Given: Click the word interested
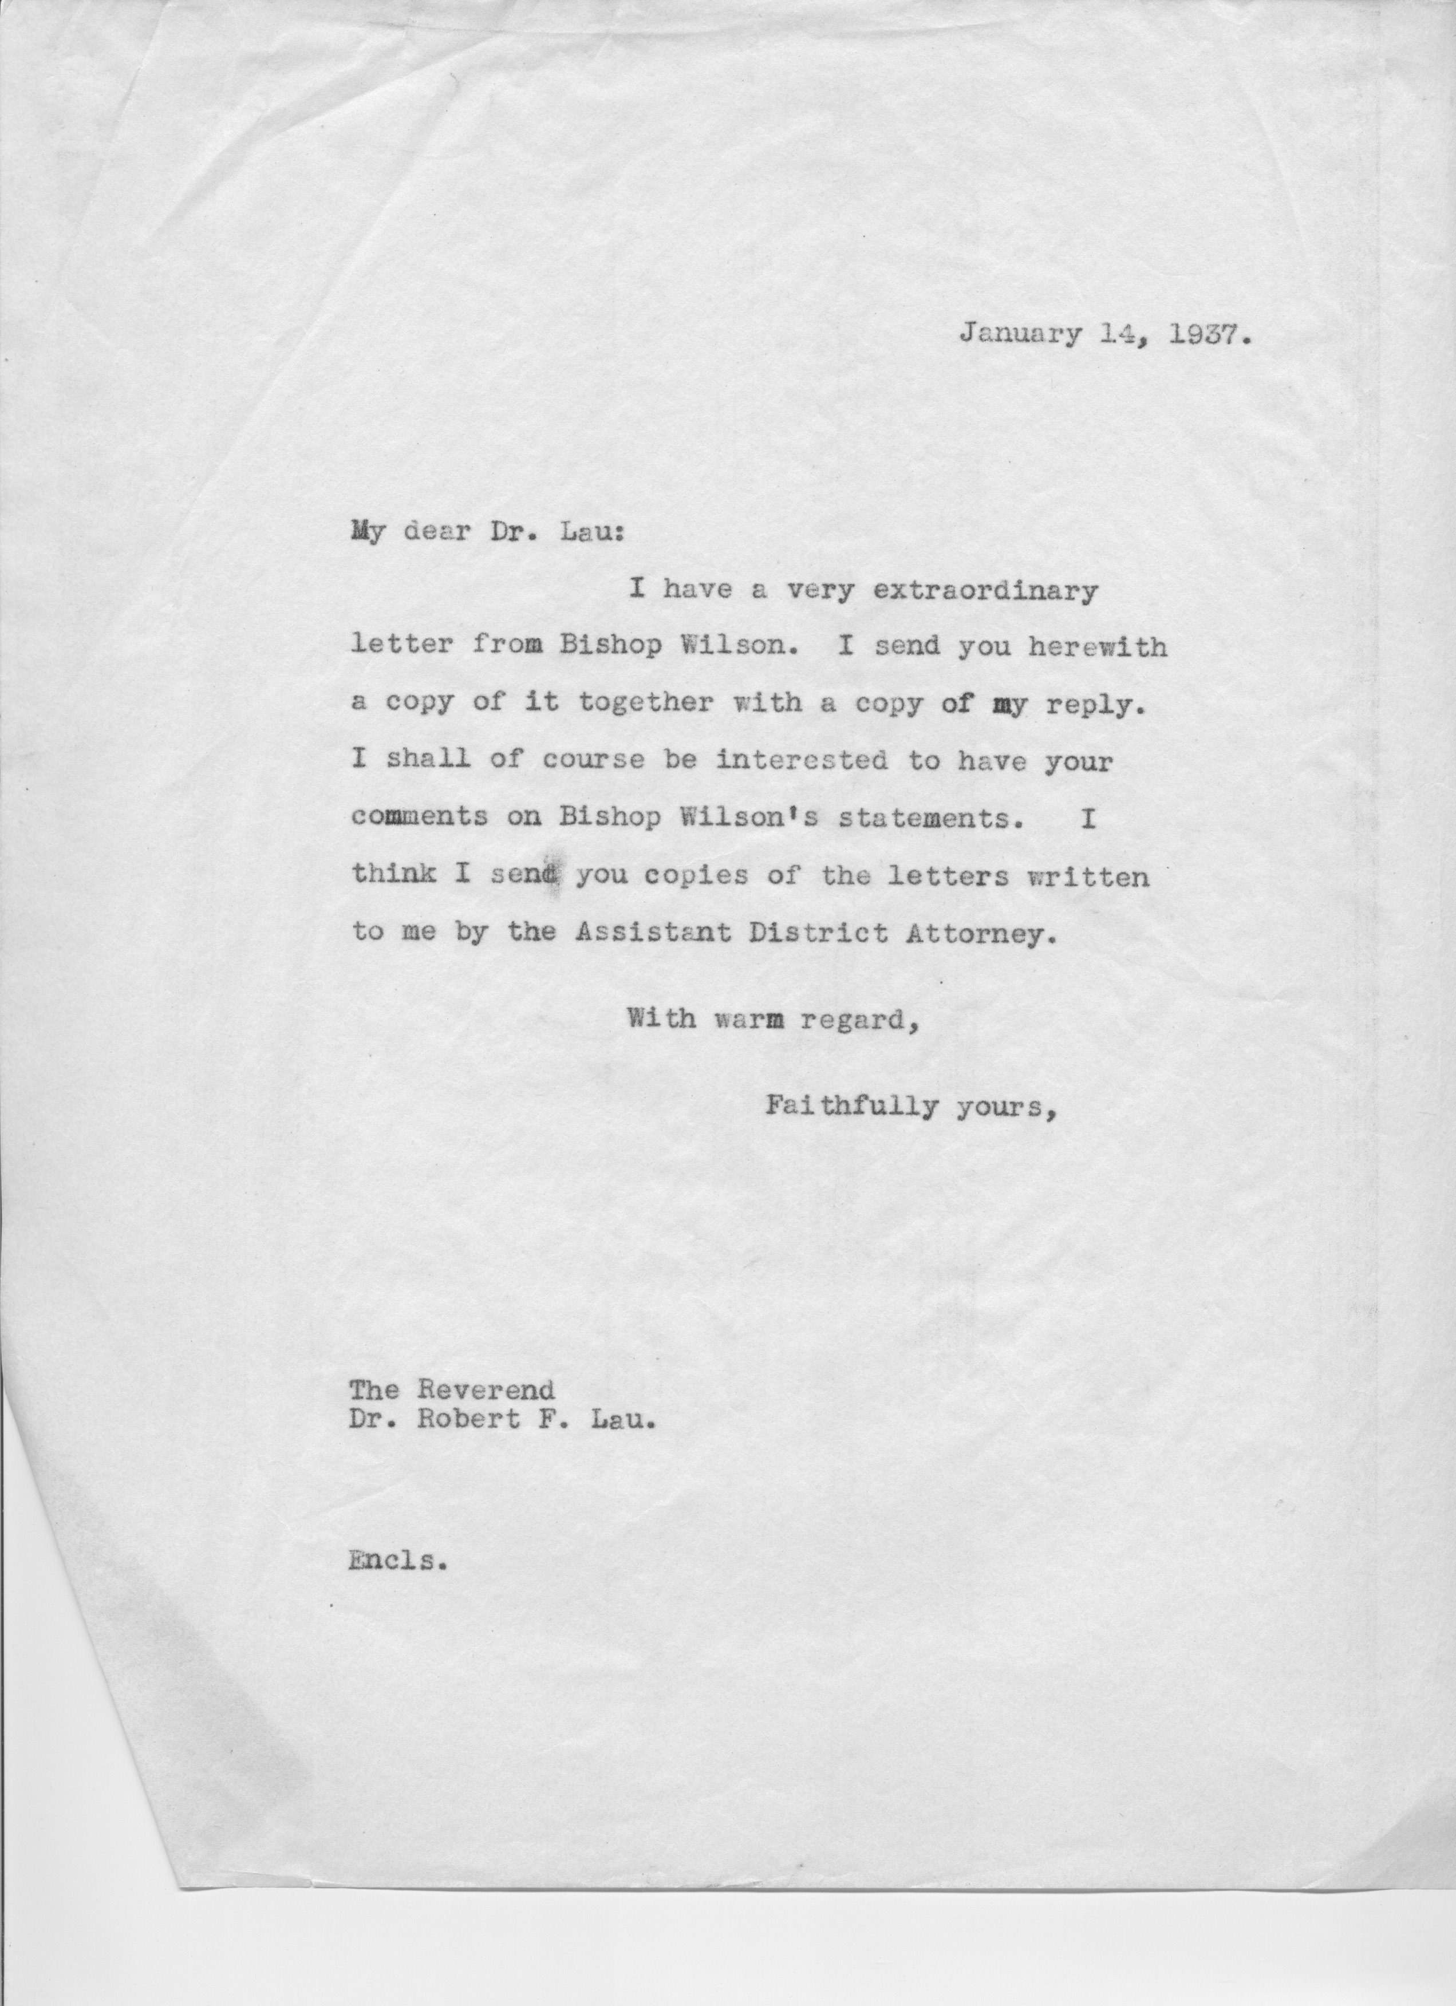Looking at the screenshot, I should click(x=802, y=761).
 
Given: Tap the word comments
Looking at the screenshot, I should click(x=419, y=818).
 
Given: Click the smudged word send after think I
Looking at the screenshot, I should click(x=526, y=876).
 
